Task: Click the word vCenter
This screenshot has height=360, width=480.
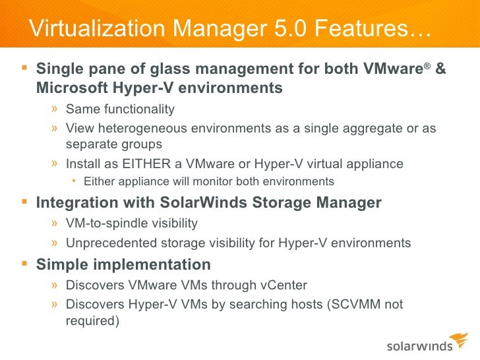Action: pos(284,285)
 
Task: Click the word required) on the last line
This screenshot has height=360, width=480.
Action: pos(92,322)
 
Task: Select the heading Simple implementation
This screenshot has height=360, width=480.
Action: pos(123,265)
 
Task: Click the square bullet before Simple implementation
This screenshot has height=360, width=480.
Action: pos(25,264)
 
